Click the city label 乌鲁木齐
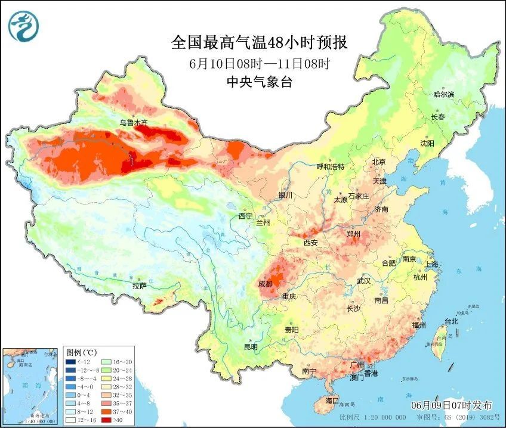tap(132, 123)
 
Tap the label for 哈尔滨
tap(443, 94)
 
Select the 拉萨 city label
tap(139, 286)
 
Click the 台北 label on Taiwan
tap(451, 321)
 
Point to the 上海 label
tap(431, 264)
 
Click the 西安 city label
tap(310, 243)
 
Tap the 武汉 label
tap(363, 280)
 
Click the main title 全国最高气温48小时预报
tap(259, 43)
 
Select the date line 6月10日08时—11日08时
tap(259, 63)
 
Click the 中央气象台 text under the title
tap(259, 82)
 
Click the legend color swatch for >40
tap(105, 420)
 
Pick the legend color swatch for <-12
tap(71, 362)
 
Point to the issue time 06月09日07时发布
tap(453, 405)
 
